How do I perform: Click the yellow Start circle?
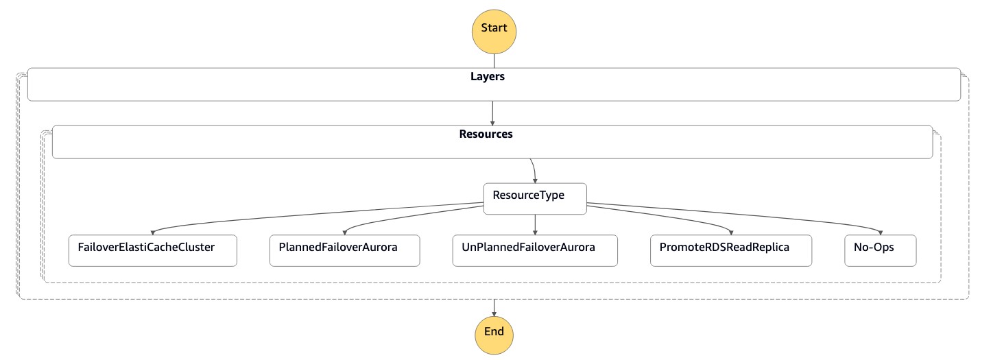[x=494, y=32]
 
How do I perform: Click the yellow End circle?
[x=494, y=334]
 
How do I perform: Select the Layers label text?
[x=487, y=77]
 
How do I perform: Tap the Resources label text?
[x=486, y=134]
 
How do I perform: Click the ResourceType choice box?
[x=535, y=198]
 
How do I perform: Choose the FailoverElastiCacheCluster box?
[x=152, y=250]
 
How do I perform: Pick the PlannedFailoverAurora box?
[x=343, y=250]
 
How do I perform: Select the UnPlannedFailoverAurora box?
[x=535, y=250]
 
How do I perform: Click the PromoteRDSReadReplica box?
[x=730, y=250]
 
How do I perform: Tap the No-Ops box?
[x=880, y=250]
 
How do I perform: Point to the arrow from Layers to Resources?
[x=492, y=113]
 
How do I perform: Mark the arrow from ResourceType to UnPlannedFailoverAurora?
[x=535, y=224]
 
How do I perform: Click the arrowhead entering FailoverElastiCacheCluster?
[x=152, y=232]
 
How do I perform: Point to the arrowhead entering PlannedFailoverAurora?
[x=343, y=232]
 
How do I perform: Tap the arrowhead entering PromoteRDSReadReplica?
[x=730, y=232]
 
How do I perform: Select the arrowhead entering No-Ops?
[x=880, y=232]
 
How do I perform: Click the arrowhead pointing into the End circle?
[x=494, y=313]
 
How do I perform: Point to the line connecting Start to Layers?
[x=494, y=61]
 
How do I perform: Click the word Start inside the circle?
[x=494, y=28]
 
